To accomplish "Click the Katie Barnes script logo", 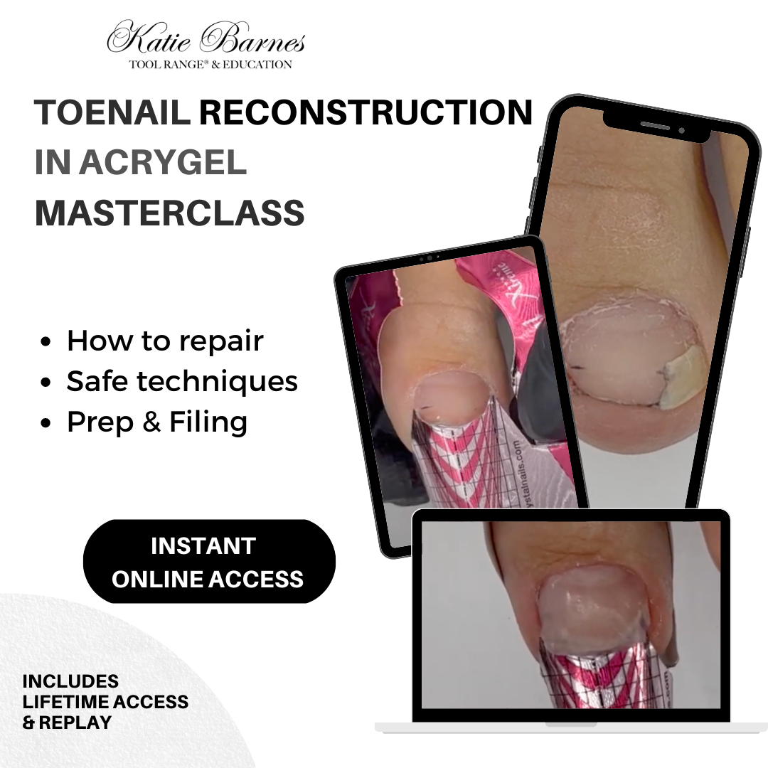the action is [206, 37].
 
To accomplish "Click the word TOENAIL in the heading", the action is [112, 112].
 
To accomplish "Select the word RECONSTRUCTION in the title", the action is [366, 112].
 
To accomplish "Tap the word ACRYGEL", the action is [163, 163].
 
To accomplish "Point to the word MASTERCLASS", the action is [170, 213].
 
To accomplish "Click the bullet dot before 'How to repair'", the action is [46, 342].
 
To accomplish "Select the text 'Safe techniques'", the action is [182, 381].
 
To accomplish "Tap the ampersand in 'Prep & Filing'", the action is [151, 422].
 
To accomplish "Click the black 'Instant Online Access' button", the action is [209, 561].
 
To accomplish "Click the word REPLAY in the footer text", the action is [75, 722].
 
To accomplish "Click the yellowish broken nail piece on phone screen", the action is [681, 378].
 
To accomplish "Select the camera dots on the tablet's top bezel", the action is [429, 258].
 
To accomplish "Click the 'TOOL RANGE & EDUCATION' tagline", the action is [210, 65].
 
